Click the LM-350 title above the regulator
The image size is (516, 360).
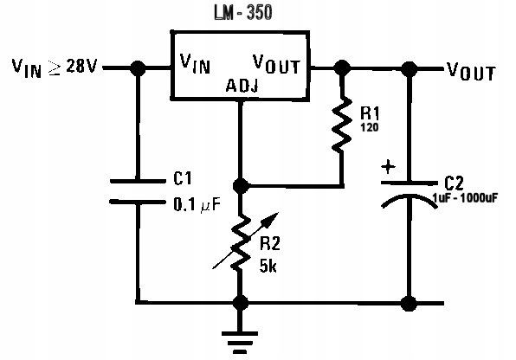pyautogui.click(x=243, y=12)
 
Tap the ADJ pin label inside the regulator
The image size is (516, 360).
pyautogui.click(x=242, y=86)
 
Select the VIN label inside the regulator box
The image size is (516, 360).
pyautogui.click(x=195, y=63)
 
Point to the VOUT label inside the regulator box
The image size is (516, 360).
pyautogui.click(x=276, y=64)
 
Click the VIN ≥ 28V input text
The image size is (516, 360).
pyautogui.click(x=55, y=67)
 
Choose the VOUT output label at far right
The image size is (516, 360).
pyautogui.click(x=471, y=71)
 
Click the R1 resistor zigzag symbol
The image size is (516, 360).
pyautogui.click(x=341, y=125)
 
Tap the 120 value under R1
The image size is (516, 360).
pyautogui.click(x=369, y=127)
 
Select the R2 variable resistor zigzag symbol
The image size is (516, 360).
pyautogui.click(x=241, y=241)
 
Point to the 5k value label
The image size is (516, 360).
pyautogui.click(x=268, y=266)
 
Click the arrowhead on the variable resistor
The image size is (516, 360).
pyautogui.click(x=273, y=218)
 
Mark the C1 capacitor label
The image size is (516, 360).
pyautogui.click(x=183, y=178)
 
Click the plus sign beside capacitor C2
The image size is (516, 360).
pyautogui.click(x=389, y=166)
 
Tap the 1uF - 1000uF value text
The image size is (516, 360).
pyautogui.click(x=465, y=198)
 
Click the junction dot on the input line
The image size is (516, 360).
pyautogui.click(x=138, y=68)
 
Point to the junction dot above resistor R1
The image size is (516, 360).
pyautogui.click(x=342, y=68)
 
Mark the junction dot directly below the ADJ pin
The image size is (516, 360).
pyautogui.click(x=241, y=186)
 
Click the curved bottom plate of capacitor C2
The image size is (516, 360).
pyautogui.click(x=410, y=199)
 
